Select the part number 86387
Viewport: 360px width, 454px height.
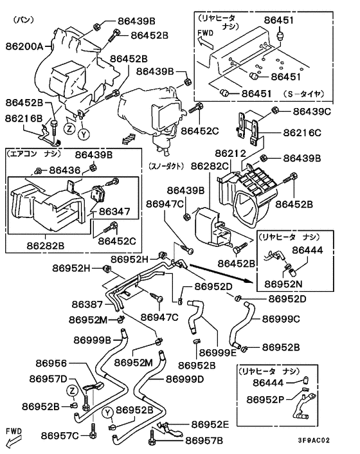(87, 304)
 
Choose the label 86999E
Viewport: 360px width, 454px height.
(218, 352)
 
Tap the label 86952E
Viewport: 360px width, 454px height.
(211, 424)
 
